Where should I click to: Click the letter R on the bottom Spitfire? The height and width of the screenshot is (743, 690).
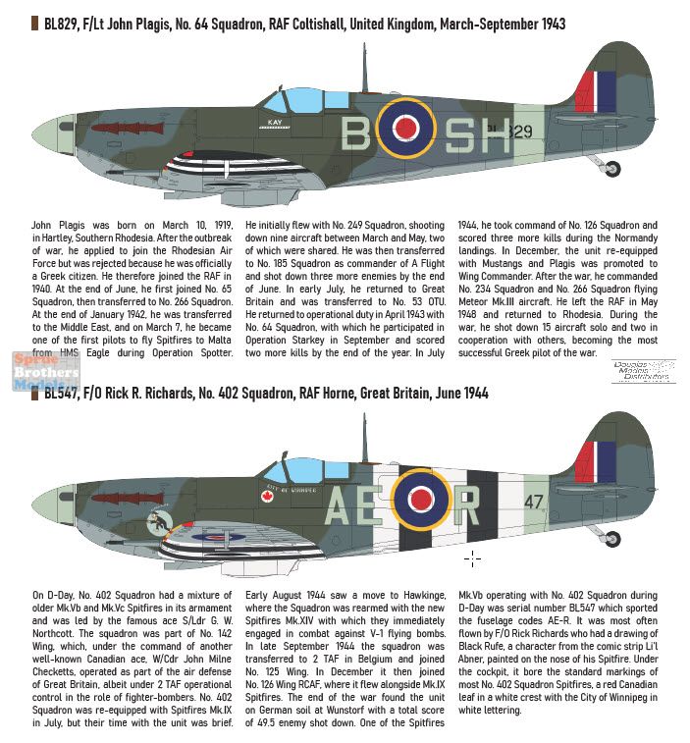point(467,506)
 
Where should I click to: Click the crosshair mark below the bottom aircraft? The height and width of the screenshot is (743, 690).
point(473,559)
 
